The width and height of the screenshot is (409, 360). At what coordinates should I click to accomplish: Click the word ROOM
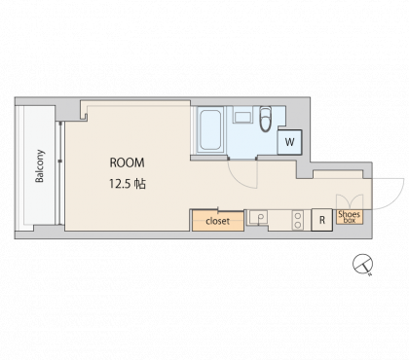coord(127,162)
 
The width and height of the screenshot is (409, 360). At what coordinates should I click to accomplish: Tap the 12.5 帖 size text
coord(128,184)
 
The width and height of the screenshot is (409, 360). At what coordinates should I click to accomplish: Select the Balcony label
coord(40,165)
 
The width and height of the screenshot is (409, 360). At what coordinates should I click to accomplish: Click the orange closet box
coord(218,221)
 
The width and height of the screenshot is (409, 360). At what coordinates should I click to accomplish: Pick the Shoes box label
coord(350,216)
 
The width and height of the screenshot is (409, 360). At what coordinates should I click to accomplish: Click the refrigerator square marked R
coord(322,220)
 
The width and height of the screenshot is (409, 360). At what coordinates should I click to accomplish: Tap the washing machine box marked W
coord(289,142)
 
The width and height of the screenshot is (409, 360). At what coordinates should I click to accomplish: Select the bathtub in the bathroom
coord(210,130)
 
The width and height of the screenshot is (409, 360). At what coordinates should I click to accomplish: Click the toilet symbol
coord(265,119)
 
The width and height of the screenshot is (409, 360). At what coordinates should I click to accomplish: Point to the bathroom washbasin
coord(242,117)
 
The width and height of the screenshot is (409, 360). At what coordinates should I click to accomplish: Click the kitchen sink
coord(257,217)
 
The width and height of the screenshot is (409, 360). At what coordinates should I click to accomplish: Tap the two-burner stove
coord(297,220)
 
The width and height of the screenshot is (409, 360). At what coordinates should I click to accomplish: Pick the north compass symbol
coord(362,264)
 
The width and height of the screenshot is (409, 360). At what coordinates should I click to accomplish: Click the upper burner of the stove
coord(297,216)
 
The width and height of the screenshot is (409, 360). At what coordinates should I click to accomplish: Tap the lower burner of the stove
coord(297,225)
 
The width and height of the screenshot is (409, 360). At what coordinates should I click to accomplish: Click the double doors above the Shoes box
coord(350,201)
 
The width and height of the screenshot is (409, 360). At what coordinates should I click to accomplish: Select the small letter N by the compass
coord(370,275)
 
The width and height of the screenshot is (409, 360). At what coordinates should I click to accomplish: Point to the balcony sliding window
coord(60,173)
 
